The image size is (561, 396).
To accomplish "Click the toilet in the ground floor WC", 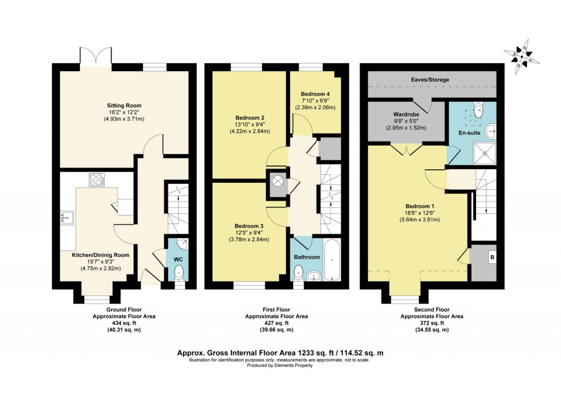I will [179, 272].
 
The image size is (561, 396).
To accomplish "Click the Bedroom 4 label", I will [315, 94].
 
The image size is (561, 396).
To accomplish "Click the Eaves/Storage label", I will [430, 80].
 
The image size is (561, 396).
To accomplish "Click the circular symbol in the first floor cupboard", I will [277, 182].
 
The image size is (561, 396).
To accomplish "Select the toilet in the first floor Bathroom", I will [299, 272].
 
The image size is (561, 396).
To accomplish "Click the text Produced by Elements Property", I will [279, 366].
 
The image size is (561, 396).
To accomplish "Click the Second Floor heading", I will [431, 309].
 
